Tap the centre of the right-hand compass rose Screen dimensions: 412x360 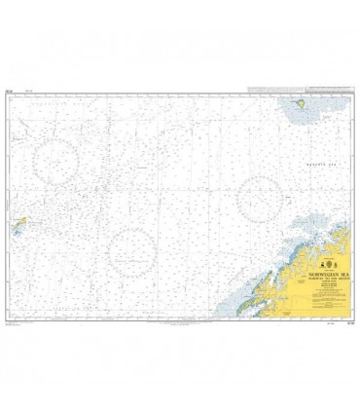[259, 198]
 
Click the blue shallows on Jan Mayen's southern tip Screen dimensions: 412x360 [11, 234]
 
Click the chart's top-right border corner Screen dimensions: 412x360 [351, 94]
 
